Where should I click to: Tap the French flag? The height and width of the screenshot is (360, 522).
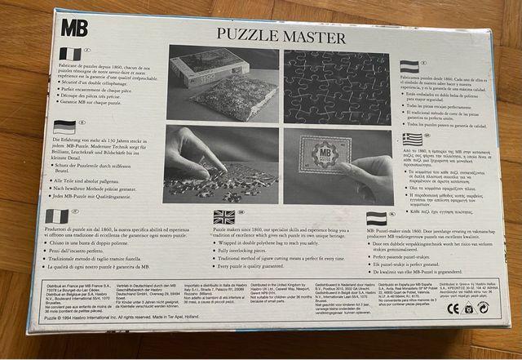pos(70,54)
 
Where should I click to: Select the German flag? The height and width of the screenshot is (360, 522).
pos(64,127)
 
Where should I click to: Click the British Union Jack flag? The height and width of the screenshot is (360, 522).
pos(223,216)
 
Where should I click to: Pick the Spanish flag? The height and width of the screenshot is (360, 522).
pos(409,66)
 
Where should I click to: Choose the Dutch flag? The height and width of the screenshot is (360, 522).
pos(376,218)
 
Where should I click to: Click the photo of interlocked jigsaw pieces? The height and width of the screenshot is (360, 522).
pos(337,86)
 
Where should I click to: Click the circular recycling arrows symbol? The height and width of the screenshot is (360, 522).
pos(483,307)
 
